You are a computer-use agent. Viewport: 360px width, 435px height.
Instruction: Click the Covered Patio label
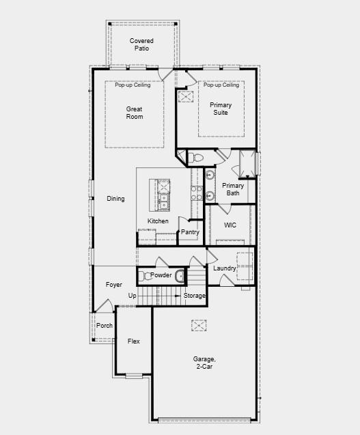141,45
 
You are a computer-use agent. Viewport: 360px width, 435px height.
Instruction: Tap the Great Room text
135,113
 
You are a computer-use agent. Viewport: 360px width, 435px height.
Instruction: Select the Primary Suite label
221,109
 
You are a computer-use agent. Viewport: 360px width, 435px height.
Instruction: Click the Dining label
115,199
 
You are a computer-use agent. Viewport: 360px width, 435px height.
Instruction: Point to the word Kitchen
158,221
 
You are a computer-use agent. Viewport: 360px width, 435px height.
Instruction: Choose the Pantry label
190,232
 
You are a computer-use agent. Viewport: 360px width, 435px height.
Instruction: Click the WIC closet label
230,225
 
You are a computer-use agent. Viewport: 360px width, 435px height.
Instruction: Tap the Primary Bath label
233,189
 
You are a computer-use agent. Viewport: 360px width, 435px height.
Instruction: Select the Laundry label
224,268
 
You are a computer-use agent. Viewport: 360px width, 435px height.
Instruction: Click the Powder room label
161,275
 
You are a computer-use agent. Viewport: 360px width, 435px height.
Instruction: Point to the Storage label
195,296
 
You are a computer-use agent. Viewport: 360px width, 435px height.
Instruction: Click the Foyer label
113,285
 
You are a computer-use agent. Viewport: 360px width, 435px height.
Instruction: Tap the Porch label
104,326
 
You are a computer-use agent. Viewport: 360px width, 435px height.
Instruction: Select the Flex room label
133,341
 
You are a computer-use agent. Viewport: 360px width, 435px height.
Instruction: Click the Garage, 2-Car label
204,363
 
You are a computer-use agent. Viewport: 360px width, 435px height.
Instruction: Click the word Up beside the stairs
133,296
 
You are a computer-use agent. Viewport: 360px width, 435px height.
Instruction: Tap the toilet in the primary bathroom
197,158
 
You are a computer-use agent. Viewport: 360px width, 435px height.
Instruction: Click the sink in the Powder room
180,276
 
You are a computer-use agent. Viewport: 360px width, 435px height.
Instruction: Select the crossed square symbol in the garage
198,326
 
